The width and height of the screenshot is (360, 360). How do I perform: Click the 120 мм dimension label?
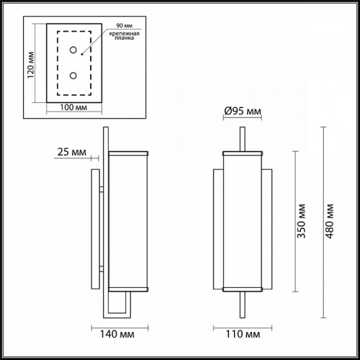[30, 65]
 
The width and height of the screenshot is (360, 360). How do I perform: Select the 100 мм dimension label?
[73, 107]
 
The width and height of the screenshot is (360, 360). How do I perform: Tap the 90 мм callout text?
[125, 25]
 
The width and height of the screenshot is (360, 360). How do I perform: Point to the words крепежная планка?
[124, 35]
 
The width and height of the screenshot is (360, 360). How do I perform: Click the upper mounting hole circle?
[73, 50]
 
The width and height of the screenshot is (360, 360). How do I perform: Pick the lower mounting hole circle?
[73, 76]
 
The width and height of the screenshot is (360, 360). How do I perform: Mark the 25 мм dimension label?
[72, 152]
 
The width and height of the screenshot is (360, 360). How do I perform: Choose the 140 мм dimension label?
[117, 334]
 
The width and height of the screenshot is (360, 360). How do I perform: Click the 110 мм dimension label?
[243, 334]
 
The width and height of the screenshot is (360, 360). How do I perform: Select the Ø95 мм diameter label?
[243, 111]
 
